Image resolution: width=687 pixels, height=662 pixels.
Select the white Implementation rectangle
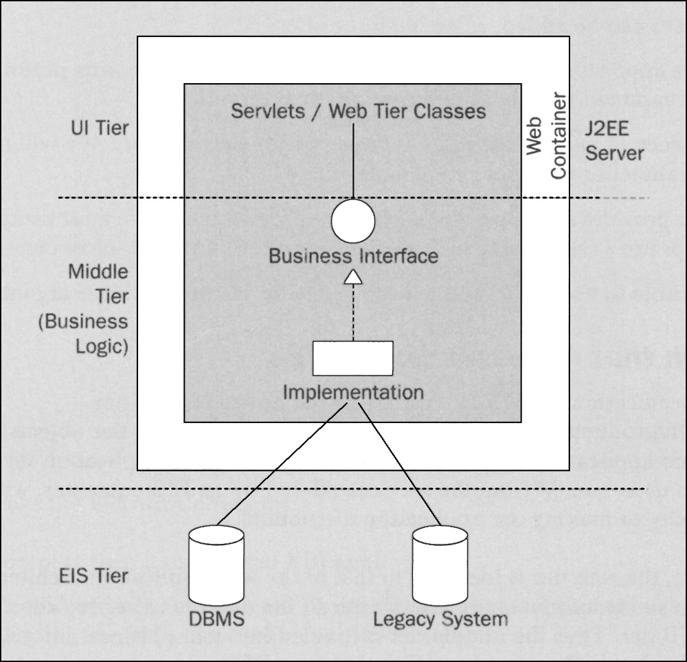tap(352, 358)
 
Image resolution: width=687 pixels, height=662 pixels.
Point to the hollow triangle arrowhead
tap(352, 277)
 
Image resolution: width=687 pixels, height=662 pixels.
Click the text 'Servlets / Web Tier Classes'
tap(358, 111)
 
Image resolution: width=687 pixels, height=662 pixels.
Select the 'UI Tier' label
tap(100, 128)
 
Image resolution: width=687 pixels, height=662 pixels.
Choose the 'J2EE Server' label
tap(615, 141)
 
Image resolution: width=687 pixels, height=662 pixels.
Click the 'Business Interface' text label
tap(353, 256)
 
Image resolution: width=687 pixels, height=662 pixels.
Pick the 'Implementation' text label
tap(353, 393)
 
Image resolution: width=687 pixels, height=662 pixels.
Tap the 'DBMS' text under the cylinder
tap(216, 619)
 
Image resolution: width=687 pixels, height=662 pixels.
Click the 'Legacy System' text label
tap(440, 619)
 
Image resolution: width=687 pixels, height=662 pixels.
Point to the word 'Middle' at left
tap(98, 271)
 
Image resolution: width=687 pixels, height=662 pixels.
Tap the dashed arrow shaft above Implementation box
tap(352, 312)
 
